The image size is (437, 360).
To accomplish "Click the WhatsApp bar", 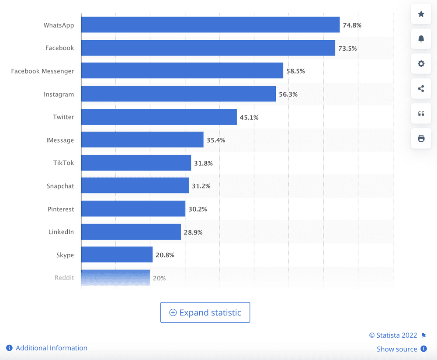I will coord(210,25).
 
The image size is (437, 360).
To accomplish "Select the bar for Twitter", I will coord(159,117).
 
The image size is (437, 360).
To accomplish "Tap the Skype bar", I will coord(117,255).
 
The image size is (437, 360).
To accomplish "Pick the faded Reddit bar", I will coord(115,278).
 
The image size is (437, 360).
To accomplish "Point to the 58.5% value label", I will coord(295,71).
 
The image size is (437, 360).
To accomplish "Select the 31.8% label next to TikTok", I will coord(203,163).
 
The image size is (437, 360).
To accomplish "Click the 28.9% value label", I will coord(193,232).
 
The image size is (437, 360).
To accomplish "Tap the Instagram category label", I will coord(59,94).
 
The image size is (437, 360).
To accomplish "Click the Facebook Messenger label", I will coord(42,71).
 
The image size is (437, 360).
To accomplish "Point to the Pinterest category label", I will coord(61,209).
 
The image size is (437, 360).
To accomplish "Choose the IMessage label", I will coord(60,140).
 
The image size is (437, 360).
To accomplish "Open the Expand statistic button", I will coord(205,313).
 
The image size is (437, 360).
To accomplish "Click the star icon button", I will coord(421,14).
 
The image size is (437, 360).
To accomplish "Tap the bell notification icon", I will coord(421,39).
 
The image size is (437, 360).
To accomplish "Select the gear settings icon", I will coord(421,64).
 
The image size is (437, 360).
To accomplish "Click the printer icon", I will coord(421,138).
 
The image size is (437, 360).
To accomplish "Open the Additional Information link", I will coord(51,348).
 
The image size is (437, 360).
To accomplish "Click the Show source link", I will coord(397,349).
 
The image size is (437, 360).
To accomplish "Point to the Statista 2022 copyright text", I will coord(393,335).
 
